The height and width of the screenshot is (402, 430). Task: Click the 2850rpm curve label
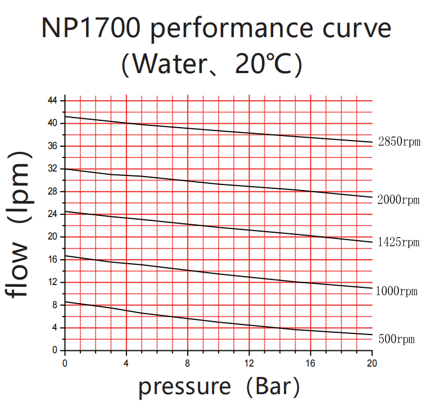coord(399,142)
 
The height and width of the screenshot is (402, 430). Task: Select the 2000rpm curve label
coord(399,200)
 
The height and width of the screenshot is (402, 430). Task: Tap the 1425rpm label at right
coord(399,242)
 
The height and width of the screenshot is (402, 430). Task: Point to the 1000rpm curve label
coord(397,291)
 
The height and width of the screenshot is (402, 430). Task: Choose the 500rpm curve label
coord(396,339)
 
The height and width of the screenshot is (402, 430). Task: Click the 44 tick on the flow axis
coord(52,101)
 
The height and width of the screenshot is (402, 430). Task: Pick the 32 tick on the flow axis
coord(52,169)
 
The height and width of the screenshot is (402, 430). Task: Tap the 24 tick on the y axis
coord(52,214)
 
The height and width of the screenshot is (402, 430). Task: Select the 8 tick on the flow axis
coord(54,305)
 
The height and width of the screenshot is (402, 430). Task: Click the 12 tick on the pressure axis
coord(249,362)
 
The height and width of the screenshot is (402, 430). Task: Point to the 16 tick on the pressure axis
coord(310,362)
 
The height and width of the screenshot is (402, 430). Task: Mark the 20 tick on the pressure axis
coord(372,362)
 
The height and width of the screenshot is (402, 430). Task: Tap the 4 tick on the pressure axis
coord(126,362)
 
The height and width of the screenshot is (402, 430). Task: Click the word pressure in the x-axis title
coord(184,387)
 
